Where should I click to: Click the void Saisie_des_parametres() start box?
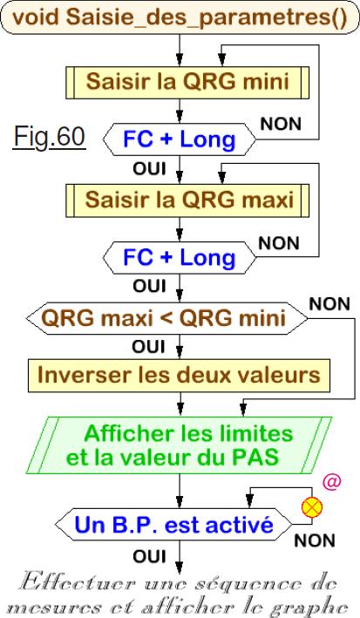click(x=180, y=17)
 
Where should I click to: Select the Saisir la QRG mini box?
click(x=187, y=83)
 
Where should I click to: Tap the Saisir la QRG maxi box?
click(x=187, y=200)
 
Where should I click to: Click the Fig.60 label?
click(x=50, y=138)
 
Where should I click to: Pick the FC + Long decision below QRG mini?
click(x=180, y=139)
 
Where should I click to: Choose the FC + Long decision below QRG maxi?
click(x=180, y=258)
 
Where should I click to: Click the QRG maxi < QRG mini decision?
click(x=166, y=318)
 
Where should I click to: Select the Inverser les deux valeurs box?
click(x=179, y=376)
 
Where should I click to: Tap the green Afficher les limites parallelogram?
click(x=180, y=445)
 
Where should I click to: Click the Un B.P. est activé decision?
click(x=173, y=525)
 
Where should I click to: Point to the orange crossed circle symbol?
click(x=312, y=507)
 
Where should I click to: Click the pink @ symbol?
click(x=331, y=482)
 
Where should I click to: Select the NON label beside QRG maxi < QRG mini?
click(x=329, y=304)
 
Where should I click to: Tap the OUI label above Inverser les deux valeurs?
click(x=149, y=347)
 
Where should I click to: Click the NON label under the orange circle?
click(x=315, y=540)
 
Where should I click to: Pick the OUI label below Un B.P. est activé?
click(x=149, y=556)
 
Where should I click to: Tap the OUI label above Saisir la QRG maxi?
click(x=149, y=169)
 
